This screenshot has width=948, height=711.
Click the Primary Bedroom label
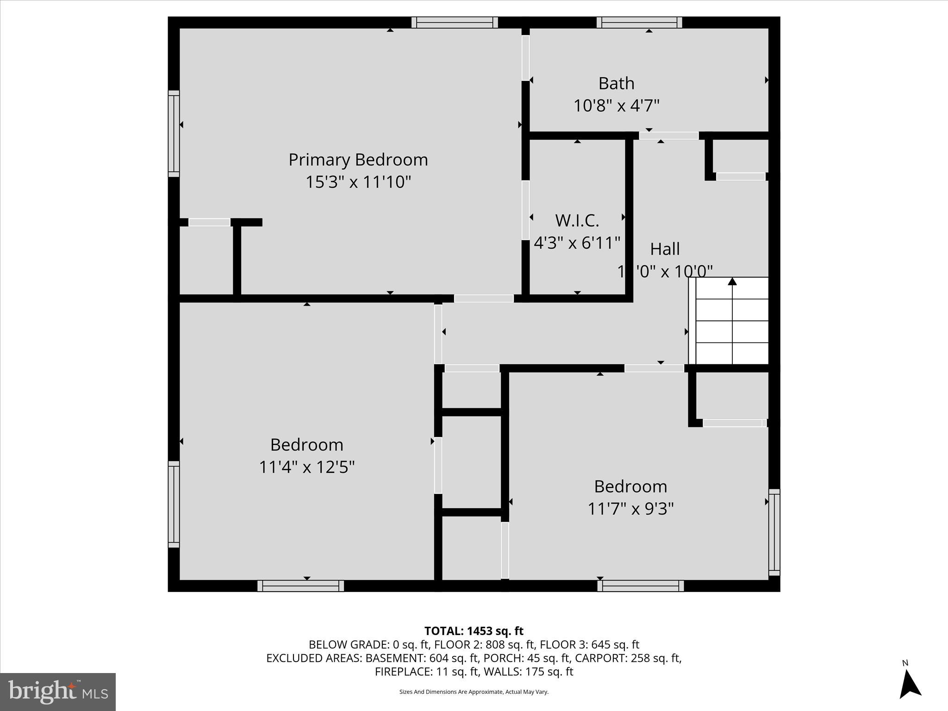(358, 160)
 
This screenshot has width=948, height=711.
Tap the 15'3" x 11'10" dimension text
(358, 182)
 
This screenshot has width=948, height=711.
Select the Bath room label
(616, 83)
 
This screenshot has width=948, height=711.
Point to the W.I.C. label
(577, 220)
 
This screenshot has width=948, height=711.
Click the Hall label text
(665, 249)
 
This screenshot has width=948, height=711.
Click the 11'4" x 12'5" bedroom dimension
(306, 467)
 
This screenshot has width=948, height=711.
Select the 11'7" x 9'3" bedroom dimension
(630, 509)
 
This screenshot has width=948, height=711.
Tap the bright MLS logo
(58, 692)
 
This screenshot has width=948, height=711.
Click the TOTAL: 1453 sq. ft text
(474, 631)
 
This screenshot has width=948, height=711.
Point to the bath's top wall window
(639, 22)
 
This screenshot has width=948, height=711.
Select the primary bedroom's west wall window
(174, 134)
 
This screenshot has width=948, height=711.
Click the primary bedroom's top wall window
(454, 22)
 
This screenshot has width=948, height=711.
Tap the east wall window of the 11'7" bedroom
(774, 532)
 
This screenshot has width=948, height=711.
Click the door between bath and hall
(668, 136)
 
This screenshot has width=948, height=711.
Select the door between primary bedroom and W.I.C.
(525, 210)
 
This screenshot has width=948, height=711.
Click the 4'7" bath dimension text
(644, 106)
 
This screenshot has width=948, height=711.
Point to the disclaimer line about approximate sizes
(474, 692)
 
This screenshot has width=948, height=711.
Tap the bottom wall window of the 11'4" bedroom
(300, 586)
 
